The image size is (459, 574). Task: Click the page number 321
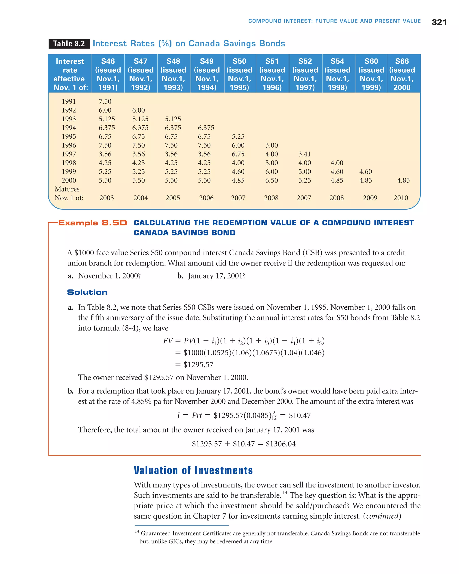(439, 22)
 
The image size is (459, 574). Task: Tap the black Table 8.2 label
(69, 44)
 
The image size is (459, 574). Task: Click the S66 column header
(402, 74)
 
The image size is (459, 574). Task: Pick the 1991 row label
(69, 101)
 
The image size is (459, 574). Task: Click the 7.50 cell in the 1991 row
(105, 101)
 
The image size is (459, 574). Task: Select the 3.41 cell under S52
(304, 154)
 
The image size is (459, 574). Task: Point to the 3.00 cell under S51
(271, 145)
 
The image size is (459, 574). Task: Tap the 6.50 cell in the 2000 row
(271, 180)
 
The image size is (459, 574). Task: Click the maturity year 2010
(401, 198)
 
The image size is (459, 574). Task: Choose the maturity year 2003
(106, 198)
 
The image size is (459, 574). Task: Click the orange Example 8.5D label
(92, 223)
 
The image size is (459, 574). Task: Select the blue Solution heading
(87, 292)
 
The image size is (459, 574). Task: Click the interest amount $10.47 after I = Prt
(300, 415)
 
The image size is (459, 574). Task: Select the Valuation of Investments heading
(193, 470)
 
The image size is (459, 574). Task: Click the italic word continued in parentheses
(382, 516)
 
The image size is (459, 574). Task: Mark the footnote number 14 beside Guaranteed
(137, 531)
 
